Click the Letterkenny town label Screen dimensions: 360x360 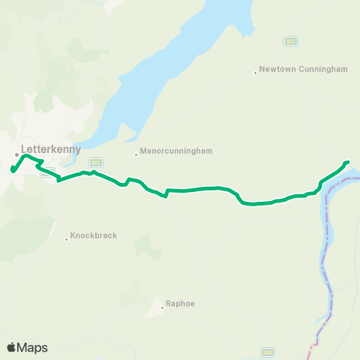point(50,148)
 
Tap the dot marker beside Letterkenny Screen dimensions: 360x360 point(17,155)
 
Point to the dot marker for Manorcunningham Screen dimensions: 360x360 point(136,155)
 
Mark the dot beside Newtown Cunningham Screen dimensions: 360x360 point(256,73)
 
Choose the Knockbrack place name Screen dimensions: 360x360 point(94,235)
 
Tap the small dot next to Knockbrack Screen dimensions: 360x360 point(67,239)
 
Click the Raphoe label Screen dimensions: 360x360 point(181,304)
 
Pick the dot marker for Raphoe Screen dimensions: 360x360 point(162,307)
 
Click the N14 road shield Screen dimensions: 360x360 point(268,352)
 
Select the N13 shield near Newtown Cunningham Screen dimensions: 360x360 point(291,41)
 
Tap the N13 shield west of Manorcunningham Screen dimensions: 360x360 point(95,162)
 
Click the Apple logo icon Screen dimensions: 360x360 point(11,347)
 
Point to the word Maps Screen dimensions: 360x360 point(32,347)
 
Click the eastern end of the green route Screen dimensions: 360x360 point(347,162)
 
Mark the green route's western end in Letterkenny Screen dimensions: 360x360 point(13,170)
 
